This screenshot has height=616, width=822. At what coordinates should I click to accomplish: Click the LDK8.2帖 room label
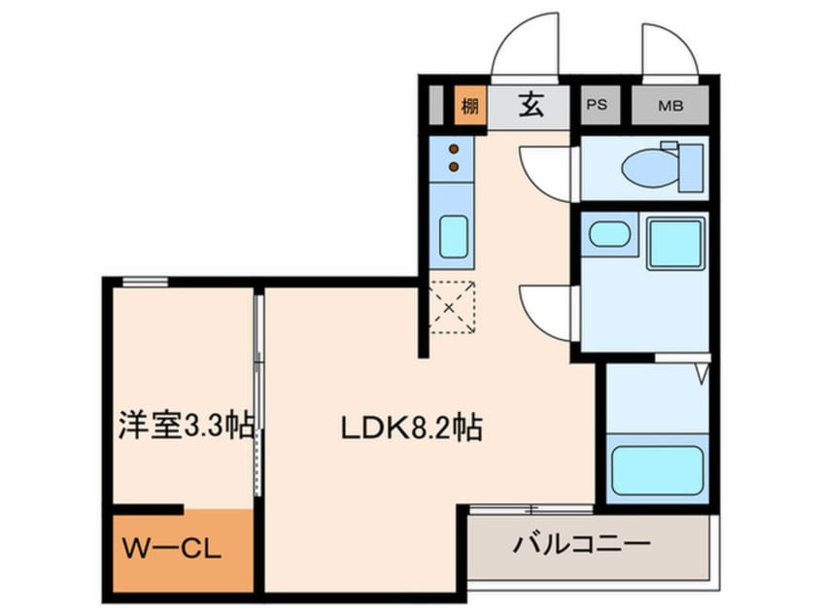point(412,428)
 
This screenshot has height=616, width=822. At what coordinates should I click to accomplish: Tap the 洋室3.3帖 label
point(187,426)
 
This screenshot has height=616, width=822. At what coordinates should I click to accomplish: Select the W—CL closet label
point(171,549)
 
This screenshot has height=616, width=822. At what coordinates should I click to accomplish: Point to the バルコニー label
point(581,544)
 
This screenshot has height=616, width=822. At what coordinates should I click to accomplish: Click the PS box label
point(597,105)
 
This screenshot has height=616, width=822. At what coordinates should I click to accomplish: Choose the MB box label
point(670,106)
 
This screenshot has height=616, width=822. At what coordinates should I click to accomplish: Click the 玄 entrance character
point(531,105)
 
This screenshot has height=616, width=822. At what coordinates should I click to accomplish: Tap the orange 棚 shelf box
point(470,106)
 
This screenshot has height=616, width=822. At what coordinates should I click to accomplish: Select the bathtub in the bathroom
point(658,470)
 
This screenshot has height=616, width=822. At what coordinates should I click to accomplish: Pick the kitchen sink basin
point(454,236)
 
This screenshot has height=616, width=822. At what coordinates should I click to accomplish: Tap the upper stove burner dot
point(454,149)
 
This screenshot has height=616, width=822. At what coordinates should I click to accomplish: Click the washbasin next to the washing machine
point(609,234)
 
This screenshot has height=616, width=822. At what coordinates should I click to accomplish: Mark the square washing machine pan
point(675,244)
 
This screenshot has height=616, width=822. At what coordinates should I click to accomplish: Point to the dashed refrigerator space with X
point(452,307)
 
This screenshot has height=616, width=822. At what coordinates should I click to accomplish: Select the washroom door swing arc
point(544,313)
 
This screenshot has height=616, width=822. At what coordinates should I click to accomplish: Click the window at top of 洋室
point(145,282)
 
